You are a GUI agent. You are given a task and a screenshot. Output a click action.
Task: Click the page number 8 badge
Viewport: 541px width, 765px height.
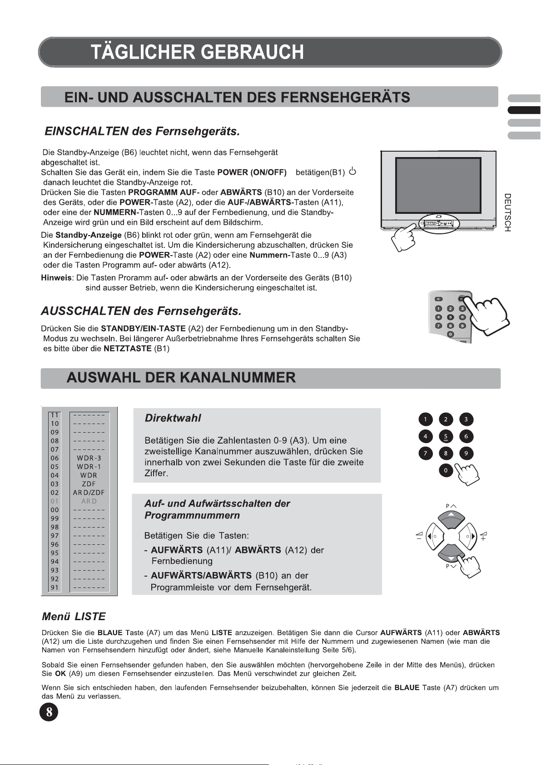pyautogui.click(x=49, y=711)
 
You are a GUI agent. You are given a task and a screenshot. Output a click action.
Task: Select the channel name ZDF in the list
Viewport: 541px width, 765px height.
pyautogui.click(x=89, y=484)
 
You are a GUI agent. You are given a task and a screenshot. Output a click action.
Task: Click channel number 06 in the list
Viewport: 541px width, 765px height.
pyautogui.click(x=55, y=458)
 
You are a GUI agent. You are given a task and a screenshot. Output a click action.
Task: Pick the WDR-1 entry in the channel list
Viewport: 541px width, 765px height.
pyautogui.click(x=89, y=467)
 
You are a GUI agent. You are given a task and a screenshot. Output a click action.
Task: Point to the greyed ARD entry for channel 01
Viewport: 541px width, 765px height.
pyautogui.click(x=89, y=501)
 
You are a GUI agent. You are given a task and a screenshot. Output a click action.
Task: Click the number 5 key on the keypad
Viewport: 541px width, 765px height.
pyautogui.click(x=446, y=436)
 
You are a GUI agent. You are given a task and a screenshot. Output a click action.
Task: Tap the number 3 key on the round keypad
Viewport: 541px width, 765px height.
pyautogui.click(x=466, y=419)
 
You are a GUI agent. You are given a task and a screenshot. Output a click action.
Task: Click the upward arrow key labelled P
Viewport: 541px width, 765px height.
pyautogui.click(x=451, y=517)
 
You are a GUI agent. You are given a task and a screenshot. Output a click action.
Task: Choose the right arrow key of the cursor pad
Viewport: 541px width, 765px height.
pyautogui.click(x=471, y=536)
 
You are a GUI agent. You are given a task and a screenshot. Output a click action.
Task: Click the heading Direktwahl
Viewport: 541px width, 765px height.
pyautogui.click(x=173, y=418)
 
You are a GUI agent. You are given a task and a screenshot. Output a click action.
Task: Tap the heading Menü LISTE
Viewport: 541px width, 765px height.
pyautogui.click(x=74, y=617)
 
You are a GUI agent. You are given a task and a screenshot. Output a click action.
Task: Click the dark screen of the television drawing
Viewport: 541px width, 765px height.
pyautogui.click(x=438, y=183)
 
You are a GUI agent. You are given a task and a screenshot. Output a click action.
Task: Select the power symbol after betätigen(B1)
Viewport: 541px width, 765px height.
pyautogui.click(x=352, y=172)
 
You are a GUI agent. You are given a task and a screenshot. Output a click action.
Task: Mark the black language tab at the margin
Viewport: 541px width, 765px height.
pyautogui.click(x=524, y=110)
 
